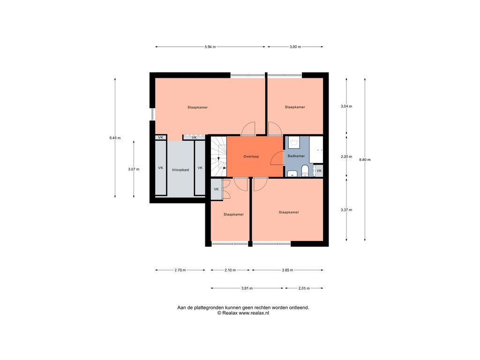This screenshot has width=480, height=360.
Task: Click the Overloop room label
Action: point(251,157)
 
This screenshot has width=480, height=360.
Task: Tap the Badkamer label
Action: point(296,156)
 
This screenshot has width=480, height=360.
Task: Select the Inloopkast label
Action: point(180,170)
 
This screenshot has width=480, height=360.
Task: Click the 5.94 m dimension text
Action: point(210,47)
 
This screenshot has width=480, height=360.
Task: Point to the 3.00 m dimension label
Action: point(295,47)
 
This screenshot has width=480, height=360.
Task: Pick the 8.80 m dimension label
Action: point(365,159)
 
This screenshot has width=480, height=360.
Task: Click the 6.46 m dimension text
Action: point(115,138)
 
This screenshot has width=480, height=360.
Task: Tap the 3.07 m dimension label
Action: point(134,169)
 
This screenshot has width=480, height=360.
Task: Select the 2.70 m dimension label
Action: point(180,270)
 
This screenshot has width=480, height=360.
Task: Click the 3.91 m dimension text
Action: point(247,288)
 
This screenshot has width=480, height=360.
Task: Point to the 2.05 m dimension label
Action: point(304,288)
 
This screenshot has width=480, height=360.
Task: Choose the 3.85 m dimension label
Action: point(287,270)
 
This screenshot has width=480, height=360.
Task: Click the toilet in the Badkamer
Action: point(305,171)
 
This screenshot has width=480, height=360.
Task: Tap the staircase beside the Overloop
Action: point(218,157)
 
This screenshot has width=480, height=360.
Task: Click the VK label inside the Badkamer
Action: point(319,171)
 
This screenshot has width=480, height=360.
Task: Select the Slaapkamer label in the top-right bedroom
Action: point(295,107)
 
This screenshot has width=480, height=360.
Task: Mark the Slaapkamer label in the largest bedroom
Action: point(197,107)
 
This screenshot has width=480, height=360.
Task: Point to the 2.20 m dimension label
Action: point(346,157)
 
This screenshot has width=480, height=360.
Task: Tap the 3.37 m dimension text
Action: point(346,210)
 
